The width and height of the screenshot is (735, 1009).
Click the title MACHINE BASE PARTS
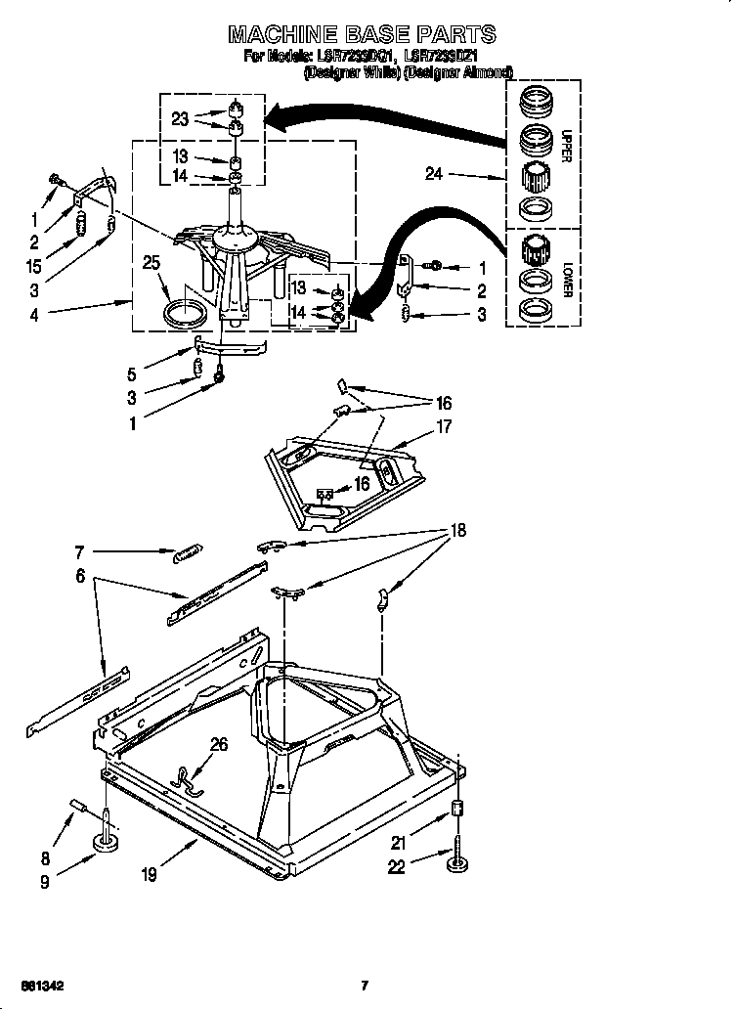[362, 35]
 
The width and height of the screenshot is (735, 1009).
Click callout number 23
[179, 119]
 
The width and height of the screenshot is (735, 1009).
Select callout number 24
[434, 176]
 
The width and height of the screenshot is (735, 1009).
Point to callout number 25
[151, 262]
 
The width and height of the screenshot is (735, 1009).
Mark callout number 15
[36, 265]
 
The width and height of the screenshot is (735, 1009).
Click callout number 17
[443, 425]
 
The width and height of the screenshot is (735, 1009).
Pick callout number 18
[456, 531]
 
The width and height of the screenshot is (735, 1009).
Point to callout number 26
[219, 745]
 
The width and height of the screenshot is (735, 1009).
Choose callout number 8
[45, 859]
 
